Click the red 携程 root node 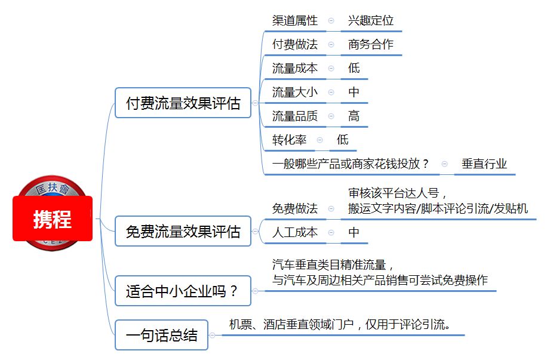[53, 219]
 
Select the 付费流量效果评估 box [183, 103]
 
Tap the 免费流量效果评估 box [183, 231]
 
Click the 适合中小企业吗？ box [183, 291]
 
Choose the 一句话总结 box [161, 335]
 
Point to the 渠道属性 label [295, 20]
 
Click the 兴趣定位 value [371, 20]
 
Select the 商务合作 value [371, 44]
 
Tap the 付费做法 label [295, 44]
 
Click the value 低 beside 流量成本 [354, 68]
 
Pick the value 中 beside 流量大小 [354, 92]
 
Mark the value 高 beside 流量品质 [354, 116]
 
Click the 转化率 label [289, 140]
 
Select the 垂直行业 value [484, 164]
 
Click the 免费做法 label [295, 208]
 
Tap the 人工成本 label [295, 232]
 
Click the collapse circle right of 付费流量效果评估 [256, 103]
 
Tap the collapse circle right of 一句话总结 [213, 335]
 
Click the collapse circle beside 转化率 [319, 140]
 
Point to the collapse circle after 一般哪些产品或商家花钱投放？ [444, 164]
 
